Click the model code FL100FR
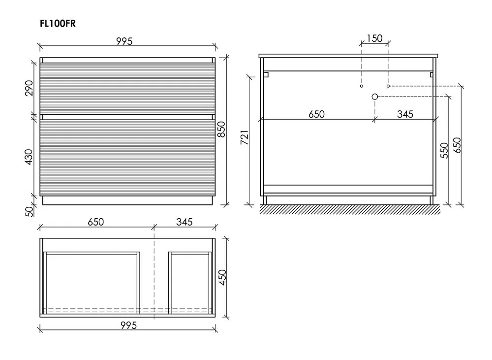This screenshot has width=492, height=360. [x=58, y=24]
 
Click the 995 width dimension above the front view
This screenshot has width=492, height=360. [x=124, y=41]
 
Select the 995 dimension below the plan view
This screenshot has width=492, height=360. [x=128, y=325]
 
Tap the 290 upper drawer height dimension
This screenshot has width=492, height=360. [x=29, y=88]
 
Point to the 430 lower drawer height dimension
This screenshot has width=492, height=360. [x=29, y=157]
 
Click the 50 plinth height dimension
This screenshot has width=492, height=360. [x=29, y=211]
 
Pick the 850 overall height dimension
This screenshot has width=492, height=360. [x=221, y=129]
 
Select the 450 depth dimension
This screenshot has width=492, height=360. [x=222, y=277]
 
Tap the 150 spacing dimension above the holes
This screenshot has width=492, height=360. [x=374, y=38]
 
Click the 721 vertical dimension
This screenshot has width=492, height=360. [x=245, y=137]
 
